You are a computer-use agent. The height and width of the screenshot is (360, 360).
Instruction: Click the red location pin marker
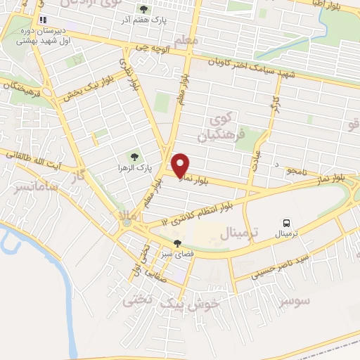[181, 165]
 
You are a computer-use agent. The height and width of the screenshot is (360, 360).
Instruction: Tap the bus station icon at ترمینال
[285, 223]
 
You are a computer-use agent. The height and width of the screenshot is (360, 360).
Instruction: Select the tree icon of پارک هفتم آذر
[144, 9]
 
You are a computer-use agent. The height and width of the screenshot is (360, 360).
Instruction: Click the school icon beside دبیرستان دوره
[43, 20]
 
